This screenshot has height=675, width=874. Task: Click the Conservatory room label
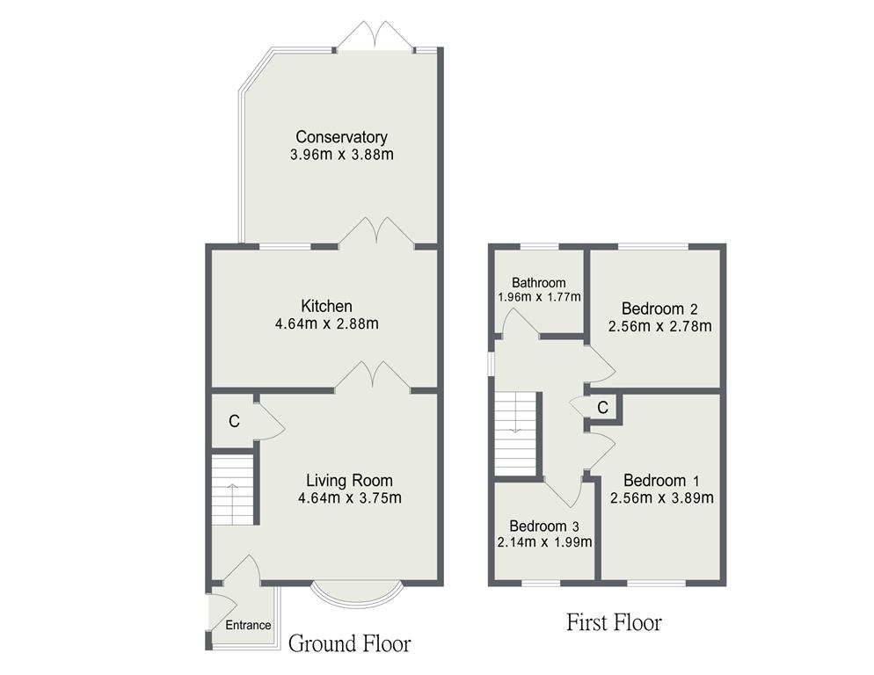(341, 136)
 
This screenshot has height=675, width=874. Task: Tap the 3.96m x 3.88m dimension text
(342, 155)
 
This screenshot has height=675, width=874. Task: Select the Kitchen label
(326, 306)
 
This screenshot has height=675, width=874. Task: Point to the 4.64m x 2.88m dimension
(327, 323)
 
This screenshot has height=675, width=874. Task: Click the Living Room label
(349, 481)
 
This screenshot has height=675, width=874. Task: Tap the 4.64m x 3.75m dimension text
(350, 497)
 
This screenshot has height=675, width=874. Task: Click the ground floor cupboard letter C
(234, 421)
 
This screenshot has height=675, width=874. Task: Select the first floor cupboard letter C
(602, 408)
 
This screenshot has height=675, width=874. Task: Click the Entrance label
(248, 625)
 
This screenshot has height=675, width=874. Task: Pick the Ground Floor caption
(349, 643)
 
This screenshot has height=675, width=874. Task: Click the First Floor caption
(615, 622)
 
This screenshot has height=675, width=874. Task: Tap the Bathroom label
(539, 283)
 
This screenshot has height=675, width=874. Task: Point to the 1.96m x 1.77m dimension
(539, 297)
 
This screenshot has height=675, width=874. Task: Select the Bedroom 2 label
(660, 308)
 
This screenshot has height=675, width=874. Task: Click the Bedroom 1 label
(661, 481)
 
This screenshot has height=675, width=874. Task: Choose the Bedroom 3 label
(544, 526)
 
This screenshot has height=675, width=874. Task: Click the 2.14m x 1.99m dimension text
(544, 541)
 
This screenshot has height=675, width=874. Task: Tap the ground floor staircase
(232, 489)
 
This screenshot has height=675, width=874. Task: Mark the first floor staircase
(515, 433)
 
